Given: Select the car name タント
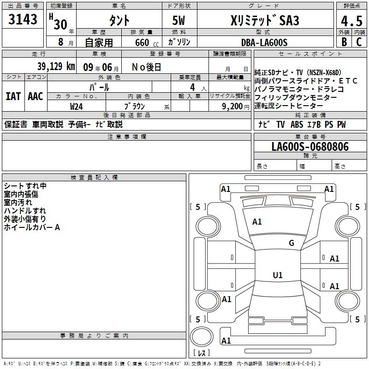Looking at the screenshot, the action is [119, 21].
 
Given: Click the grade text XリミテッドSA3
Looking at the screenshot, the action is [264, 21].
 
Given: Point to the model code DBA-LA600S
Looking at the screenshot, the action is [264, 42].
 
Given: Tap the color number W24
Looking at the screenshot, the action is [77, 106].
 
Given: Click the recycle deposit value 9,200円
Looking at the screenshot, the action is [235, 106].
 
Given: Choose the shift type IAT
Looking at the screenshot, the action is [13, 96].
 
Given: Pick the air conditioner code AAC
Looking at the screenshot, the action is [36, 96].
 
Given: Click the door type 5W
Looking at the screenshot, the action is [180, 21].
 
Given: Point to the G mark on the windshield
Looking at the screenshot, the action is [292, 243].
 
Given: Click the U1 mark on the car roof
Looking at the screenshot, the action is [277, 275].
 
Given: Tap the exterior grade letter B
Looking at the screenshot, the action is [344, 42].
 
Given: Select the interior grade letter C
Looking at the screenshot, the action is [359, 42].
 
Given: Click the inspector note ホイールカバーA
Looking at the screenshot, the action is [32, 227].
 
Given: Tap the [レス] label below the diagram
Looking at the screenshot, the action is [202, 354].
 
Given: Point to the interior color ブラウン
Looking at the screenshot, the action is [135, 106].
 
